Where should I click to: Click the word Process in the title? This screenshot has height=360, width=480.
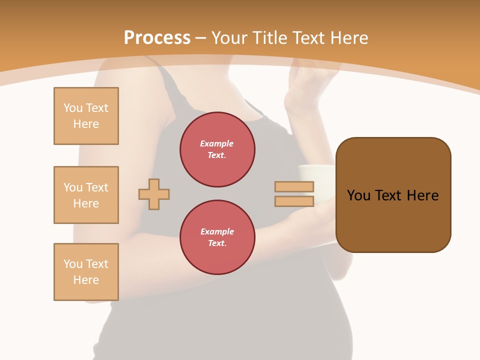(x=157, y=38)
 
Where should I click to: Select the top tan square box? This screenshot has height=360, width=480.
(x=86, y=116)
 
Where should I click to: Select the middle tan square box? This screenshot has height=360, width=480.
(x=86, y=195)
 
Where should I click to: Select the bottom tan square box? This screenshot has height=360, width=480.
(x=86, y=272)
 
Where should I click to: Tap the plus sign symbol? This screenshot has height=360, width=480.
(x=154, y=194)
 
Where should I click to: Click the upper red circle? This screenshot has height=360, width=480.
(x=217, y=149)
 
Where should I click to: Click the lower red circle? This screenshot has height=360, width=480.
(x=217, y=237)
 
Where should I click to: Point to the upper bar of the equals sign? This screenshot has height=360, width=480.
(x=294, y=186)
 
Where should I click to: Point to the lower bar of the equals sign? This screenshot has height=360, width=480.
(x=294, y=201)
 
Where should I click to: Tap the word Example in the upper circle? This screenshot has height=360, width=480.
(x=217, y=143)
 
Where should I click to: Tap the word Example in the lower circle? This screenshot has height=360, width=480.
(x=217, y=231)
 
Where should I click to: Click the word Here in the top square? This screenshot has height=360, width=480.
(x=86, y=124)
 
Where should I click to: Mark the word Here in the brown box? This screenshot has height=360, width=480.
(x=422, y=195)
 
